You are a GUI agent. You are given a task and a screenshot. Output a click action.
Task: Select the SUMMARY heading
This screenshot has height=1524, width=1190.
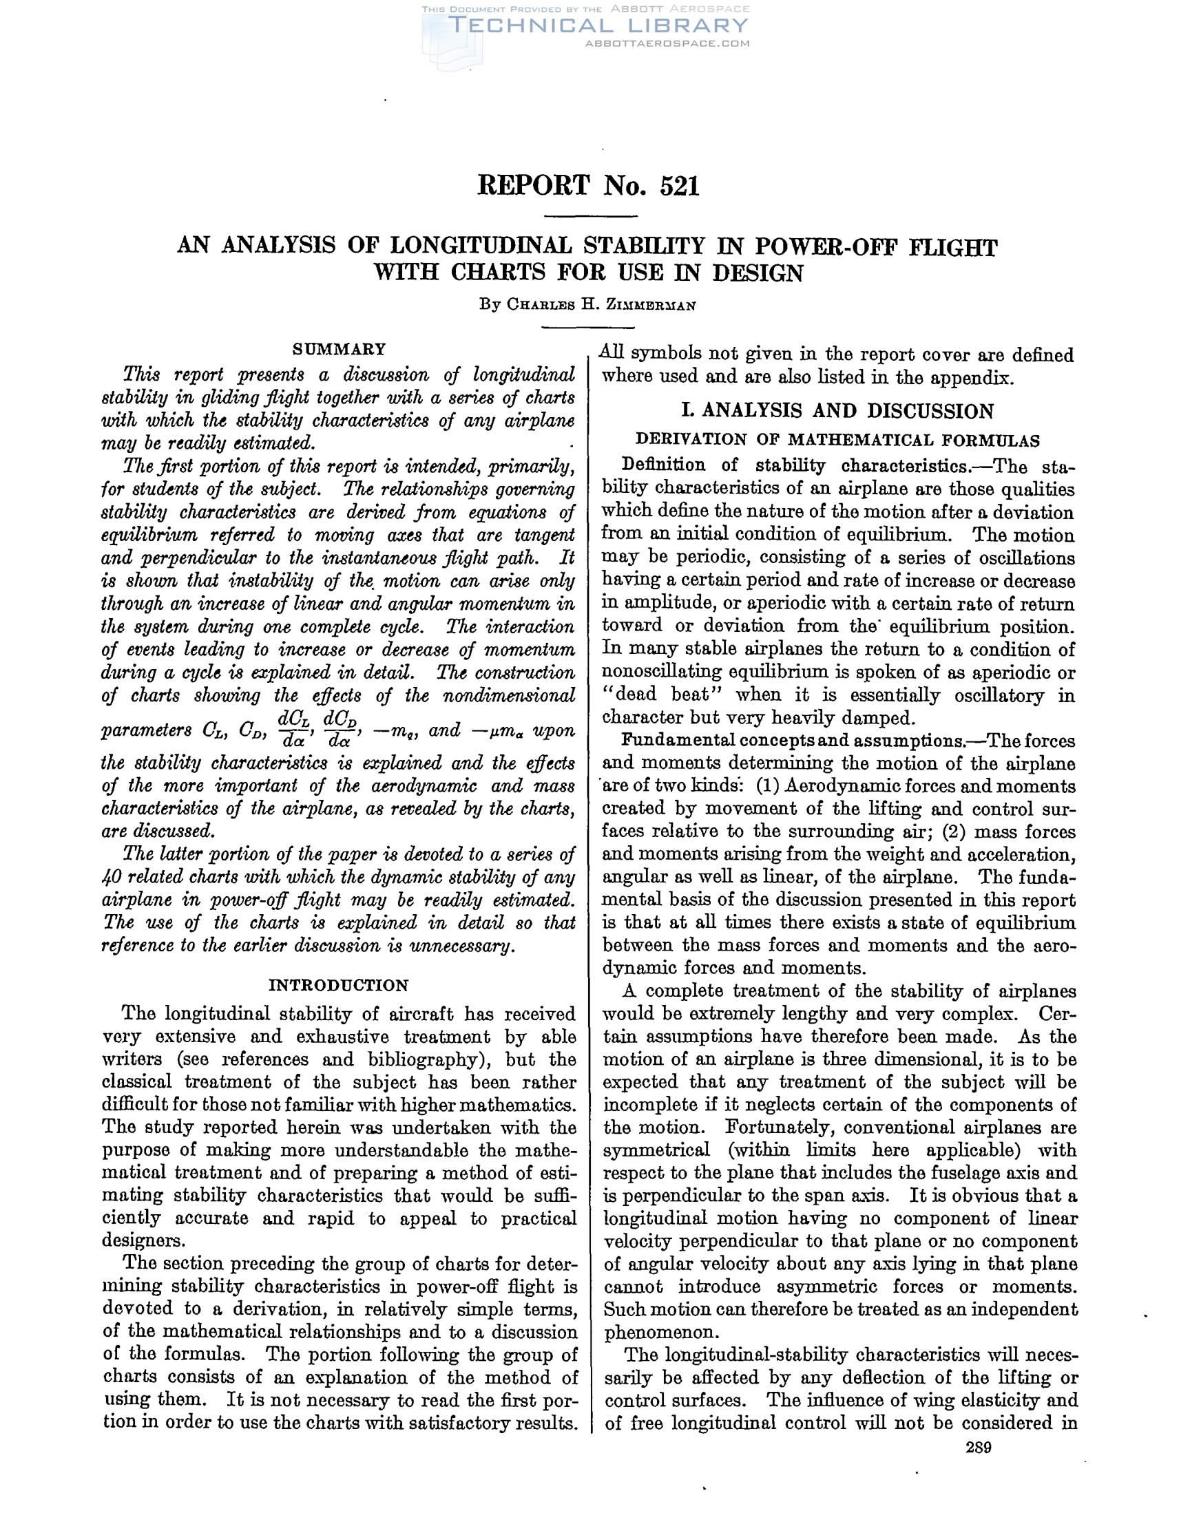pyautogui.click(x=340, y=349)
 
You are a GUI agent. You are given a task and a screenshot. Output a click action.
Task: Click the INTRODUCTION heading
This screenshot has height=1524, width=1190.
pyautogui.click(x=339, y=986)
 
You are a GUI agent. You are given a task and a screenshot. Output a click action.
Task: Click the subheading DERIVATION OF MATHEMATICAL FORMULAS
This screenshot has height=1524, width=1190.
pyautogui.click(x=837, y=441)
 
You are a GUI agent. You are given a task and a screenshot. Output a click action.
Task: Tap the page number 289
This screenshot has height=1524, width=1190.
pyautogui.click(x=979, y=1448)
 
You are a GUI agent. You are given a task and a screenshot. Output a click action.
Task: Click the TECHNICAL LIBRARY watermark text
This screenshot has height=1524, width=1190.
pyautogui.click(x=599, y=26)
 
